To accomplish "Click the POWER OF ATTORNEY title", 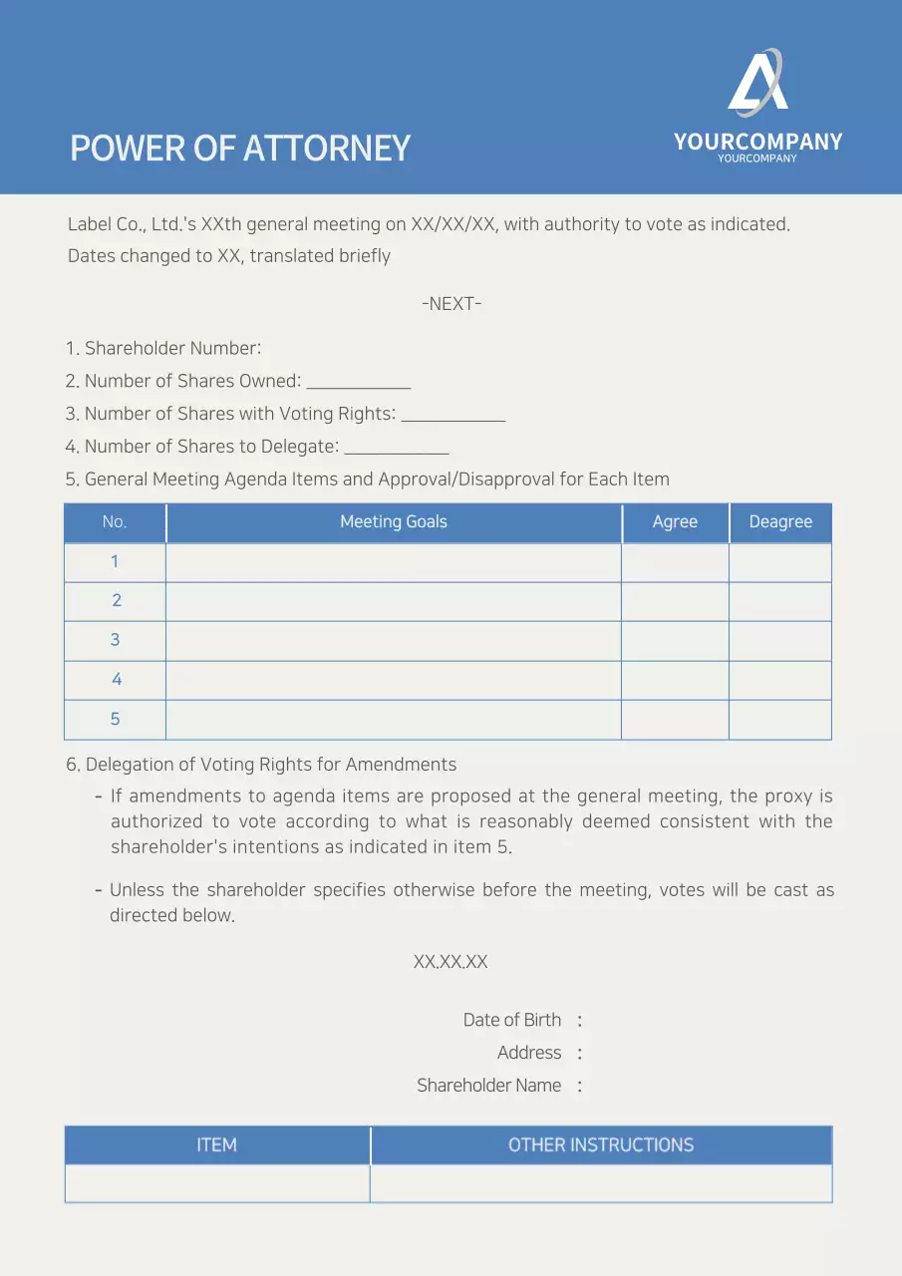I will [x=240, y=149].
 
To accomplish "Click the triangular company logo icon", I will [x=757, y=84].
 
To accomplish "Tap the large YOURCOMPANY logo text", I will [x=757, y=142].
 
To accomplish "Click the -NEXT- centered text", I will [x=451, y=304].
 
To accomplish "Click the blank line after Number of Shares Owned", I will [x=359, y=383].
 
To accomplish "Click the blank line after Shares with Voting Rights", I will [x=453, y=416].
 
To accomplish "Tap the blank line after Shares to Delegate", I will [x=397, y=449].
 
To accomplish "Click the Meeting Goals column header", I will [x=394, y=522].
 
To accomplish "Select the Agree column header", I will [x=675, y=522].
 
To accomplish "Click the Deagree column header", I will [x=780, y=522].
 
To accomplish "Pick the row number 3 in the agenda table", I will [x=115, y=640].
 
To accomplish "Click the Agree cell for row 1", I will [x=675, y=562].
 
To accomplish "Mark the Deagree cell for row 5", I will [x=780, y=720].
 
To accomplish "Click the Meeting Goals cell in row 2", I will [x=394, y=601].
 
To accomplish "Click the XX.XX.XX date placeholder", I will [x=451, y=962].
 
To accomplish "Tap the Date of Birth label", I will [x=512, y=1020].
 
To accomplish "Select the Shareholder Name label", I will [x=489, y=1086].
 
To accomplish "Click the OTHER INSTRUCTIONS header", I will [x=601, y=1145].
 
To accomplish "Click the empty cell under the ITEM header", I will [x=217, y=1183].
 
